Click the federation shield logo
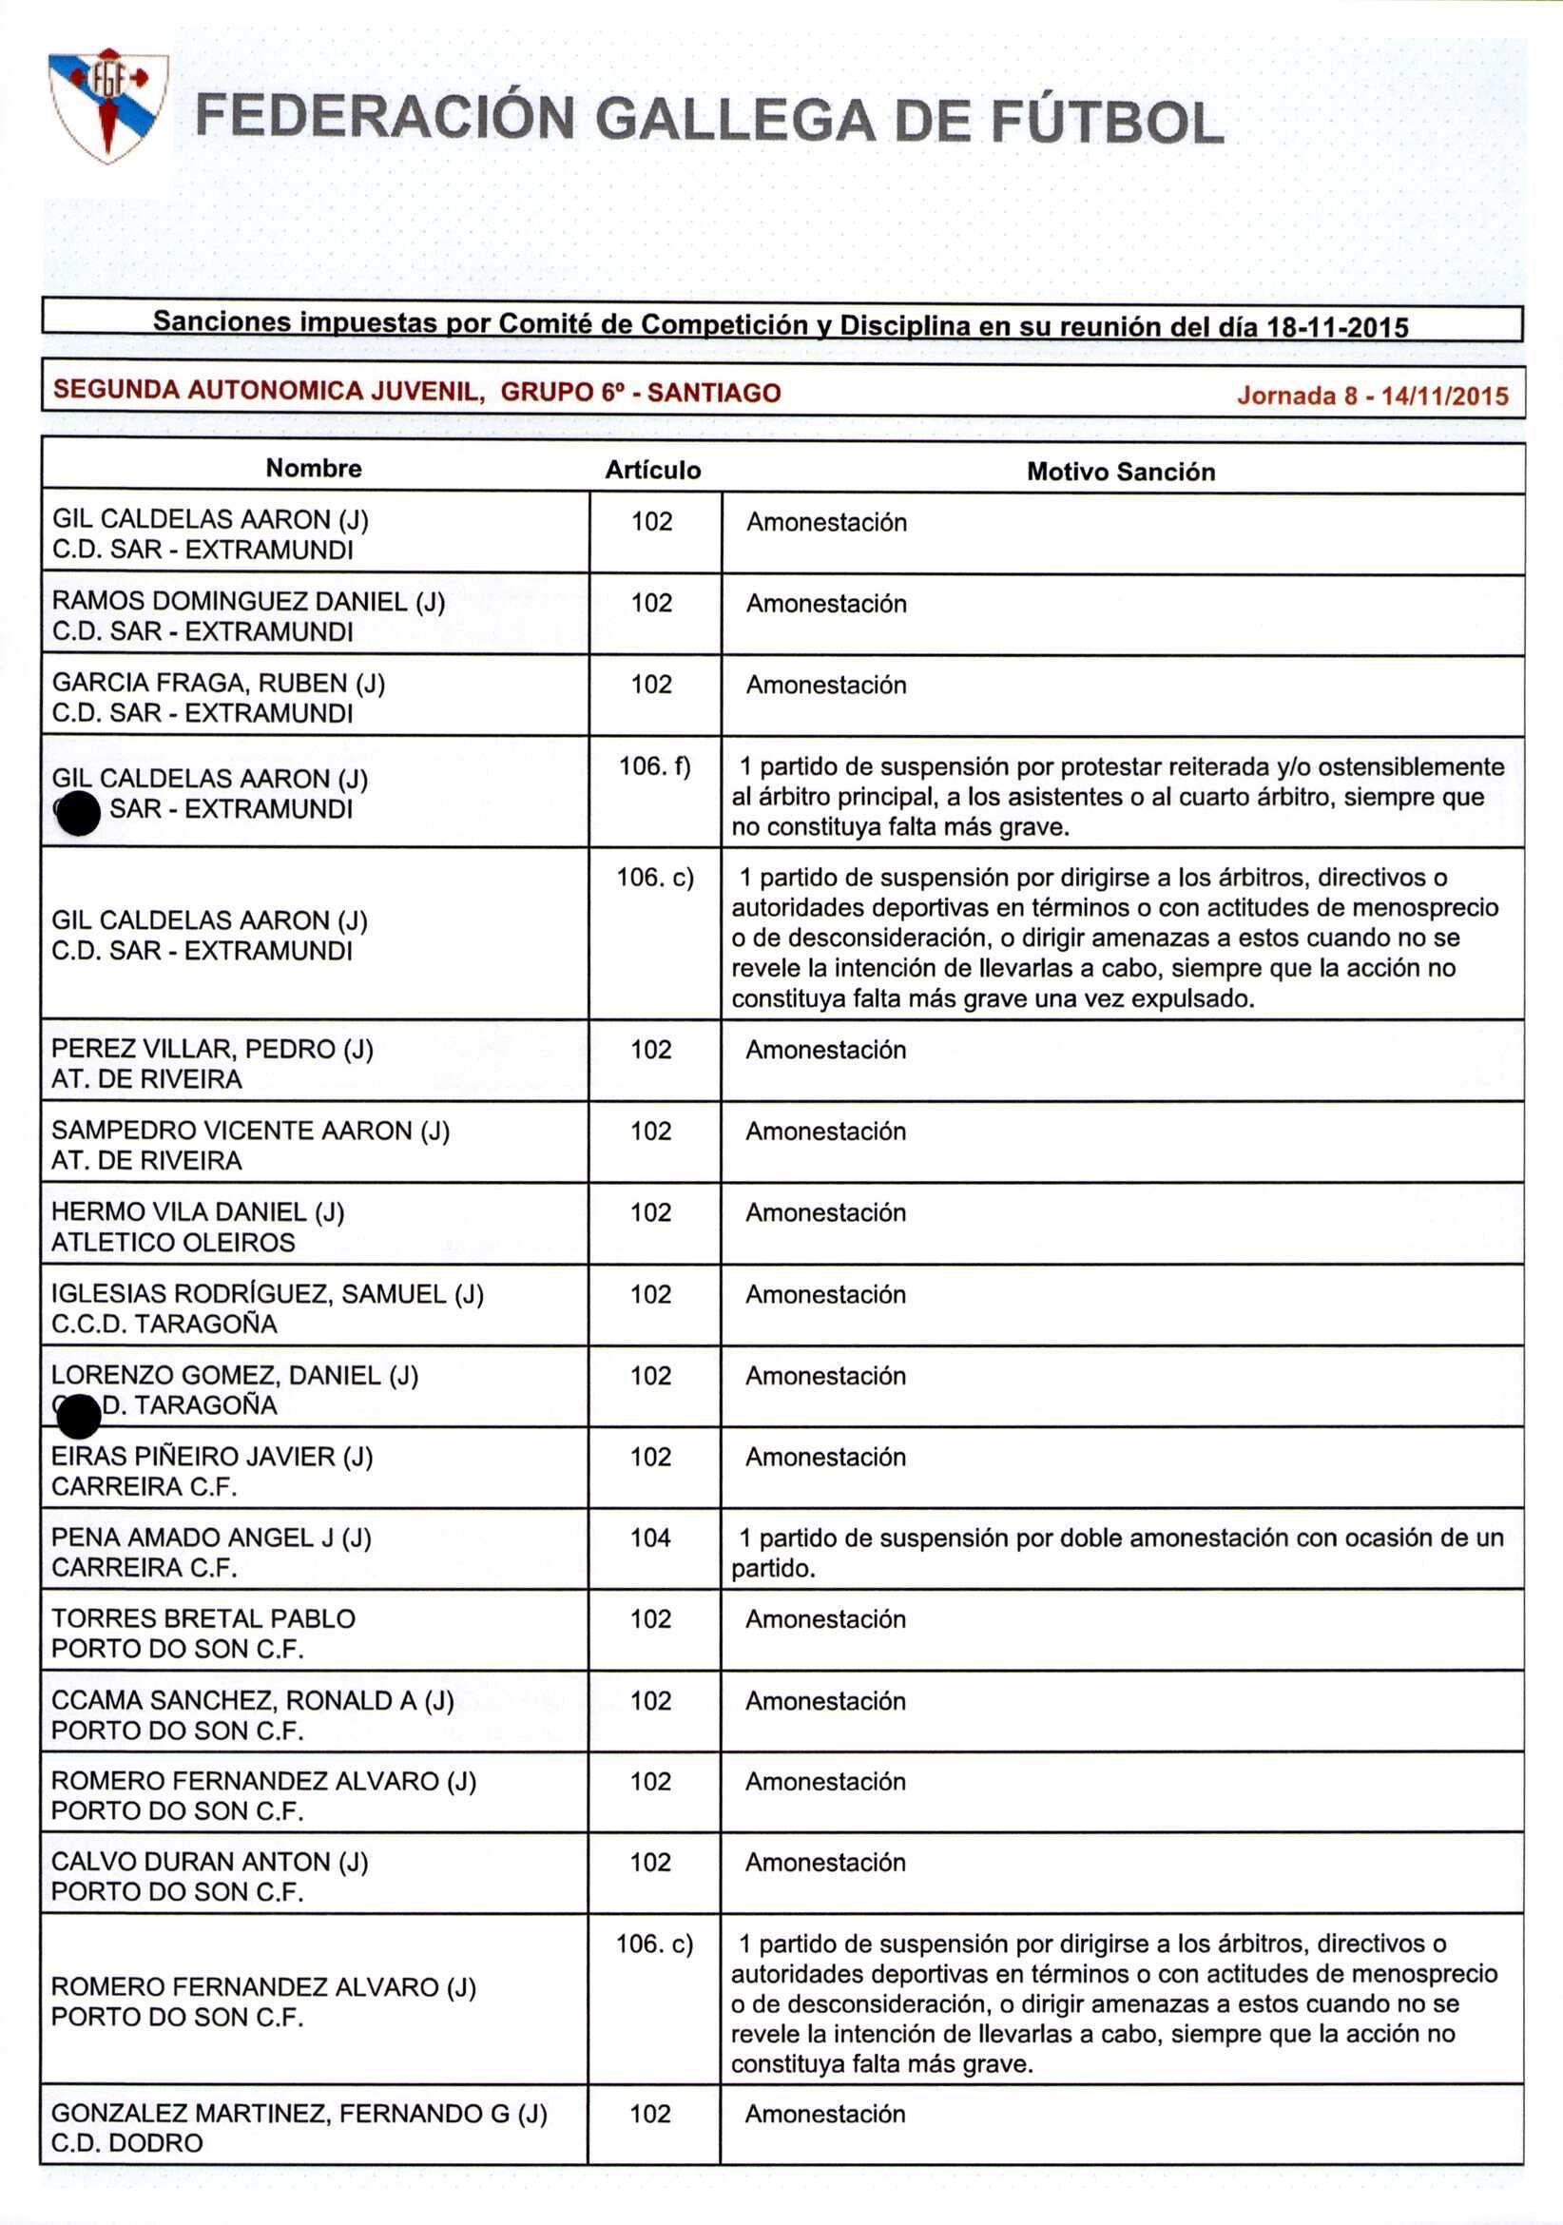pyautogui.click(x=108, y=104)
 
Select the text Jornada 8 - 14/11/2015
pyautogui.click(x=1372, y=396)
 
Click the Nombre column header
pyautogui.click(x=314, y=469)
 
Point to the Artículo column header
pyautogui.click(x=653, y=471)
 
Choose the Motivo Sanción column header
pyautogui.click(x=1120, y=472)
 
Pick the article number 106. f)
pyautogui.click(x=655, y=766)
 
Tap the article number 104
pyautogui.click(x=650, y=1537)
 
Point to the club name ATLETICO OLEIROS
pyautogui.click(x=172, y=1243)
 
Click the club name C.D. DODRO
pyautogui.click(x=127, y=2143)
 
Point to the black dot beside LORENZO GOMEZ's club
pyautogui.click(x=79, y=1418)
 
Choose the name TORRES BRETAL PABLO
pyautogui.click(x=203, y=1618)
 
